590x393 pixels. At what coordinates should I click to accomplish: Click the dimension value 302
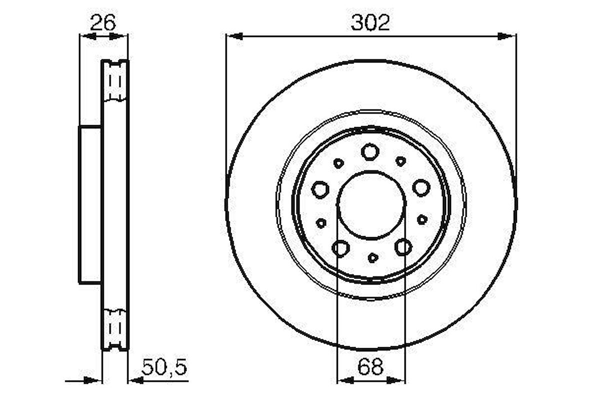(x=370, y=23)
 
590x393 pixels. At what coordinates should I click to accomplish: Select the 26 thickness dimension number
(x=103, y=22)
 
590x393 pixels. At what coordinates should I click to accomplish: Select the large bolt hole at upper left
(x=320, y=189)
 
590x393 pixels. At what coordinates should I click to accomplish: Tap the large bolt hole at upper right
(x=421, y=187)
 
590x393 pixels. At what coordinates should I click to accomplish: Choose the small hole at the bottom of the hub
(x=372, y=257)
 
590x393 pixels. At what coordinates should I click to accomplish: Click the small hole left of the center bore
(x=321, y=223)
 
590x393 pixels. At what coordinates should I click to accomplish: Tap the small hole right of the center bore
(x=422, y=219)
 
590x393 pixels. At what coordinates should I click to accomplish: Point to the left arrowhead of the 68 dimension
(x=344, y=380)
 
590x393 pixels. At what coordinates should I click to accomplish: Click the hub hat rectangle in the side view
(x=90, y=204)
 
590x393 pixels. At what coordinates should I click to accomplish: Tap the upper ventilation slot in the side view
(x=115, y=81)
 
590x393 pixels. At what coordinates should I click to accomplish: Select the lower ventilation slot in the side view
(x=115, y=327)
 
